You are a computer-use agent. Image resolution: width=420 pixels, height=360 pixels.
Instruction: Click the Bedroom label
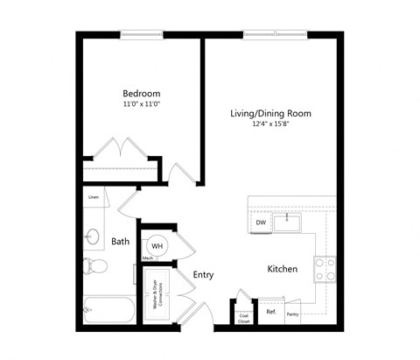[141, 94]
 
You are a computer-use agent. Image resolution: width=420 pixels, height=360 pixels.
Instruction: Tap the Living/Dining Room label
[270, 114]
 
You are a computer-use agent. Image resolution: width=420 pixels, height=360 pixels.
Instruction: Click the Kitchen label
[282, 269]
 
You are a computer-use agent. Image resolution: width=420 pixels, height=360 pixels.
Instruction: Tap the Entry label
[203, 274]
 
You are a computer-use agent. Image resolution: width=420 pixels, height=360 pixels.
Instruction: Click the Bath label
[121, 242]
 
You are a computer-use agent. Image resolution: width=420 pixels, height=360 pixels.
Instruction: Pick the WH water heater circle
[157, 245]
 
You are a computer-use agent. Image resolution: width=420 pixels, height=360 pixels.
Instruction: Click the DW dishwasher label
[261, 223]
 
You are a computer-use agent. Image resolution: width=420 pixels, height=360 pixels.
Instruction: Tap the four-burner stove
[325, 269]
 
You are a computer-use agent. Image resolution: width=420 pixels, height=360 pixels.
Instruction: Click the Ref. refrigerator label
[271, 313]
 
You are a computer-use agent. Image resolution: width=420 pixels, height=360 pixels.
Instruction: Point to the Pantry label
[292, 314]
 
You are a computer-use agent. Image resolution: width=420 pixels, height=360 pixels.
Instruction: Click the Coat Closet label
[245, 318]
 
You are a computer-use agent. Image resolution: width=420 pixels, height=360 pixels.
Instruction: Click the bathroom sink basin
[93, 235]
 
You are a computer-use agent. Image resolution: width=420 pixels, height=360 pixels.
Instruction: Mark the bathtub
[109, 310]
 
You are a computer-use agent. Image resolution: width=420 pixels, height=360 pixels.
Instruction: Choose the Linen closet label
[93, 198]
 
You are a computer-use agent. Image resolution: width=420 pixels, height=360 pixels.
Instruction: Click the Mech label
[149, 258]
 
